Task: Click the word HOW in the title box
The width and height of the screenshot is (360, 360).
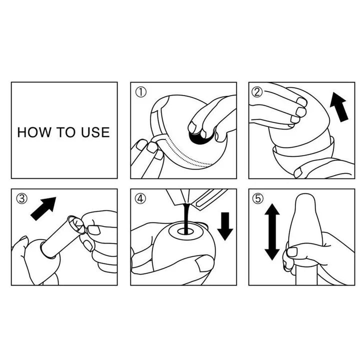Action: (x=31, y=132)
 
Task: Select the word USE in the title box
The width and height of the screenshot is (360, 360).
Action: (x=93, y=132)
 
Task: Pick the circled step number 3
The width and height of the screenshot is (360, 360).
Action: (x=21, y=198)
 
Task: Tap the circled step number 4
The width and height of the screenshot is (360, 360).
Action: (x=139, y=198)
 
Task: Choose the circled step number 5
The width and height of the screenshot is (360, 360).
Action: (x=258, y=198)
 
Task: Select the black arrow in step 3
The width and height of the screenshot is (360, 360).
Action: (x=43, y=208)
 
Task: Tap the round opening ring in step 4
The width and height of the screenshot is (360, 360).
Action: (x=183, y=231)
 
